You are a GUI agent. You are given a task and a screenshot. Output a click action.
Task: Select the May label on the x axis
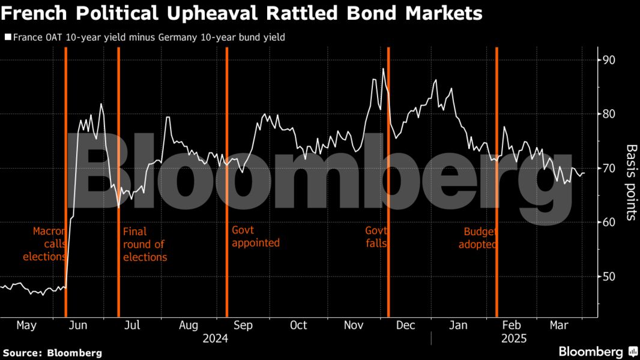point(26,325)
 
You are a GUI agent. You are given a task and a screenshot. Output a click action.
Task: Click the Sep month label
point(243,325)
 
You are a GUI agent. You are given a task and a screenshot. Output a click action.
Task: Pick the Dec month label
point(406,325)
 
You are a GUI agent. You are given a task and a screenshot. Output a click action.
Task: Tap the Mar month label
point(560,325)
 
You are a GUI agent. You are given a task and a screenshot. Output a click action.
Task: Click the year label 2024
point(216,339)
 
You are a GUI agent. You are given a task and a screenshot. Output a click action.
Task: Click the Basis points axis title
point(631,182)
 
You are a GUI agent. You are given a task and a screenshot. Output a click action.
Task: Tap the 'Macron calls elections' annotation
point(45,244)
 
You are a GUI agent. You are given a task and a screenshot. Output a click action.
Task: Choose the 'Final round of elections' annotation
point(145,244)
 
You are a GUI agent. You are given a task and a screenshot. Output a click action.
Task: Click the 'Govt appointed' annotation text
point(256,237)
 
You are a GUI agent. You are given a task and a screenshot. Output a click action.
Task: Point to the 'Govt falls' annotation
point(376,237)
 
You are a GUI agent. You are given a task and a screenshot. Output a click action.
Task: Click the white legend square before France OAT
point(7,37)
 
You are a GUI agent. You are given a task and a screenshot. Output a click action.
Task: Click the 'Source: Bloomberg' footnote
point(52,353)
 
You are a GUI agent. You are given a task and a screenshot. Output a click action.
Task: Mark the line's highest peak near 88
point(383,69)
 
